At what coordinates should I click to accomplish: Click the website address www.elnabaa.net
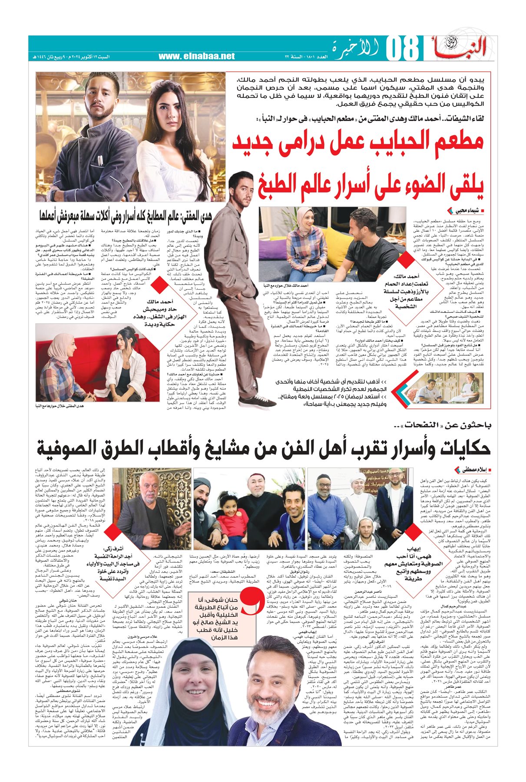(196, 56)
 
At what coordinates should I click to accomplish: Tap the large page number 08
(402, 49)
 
